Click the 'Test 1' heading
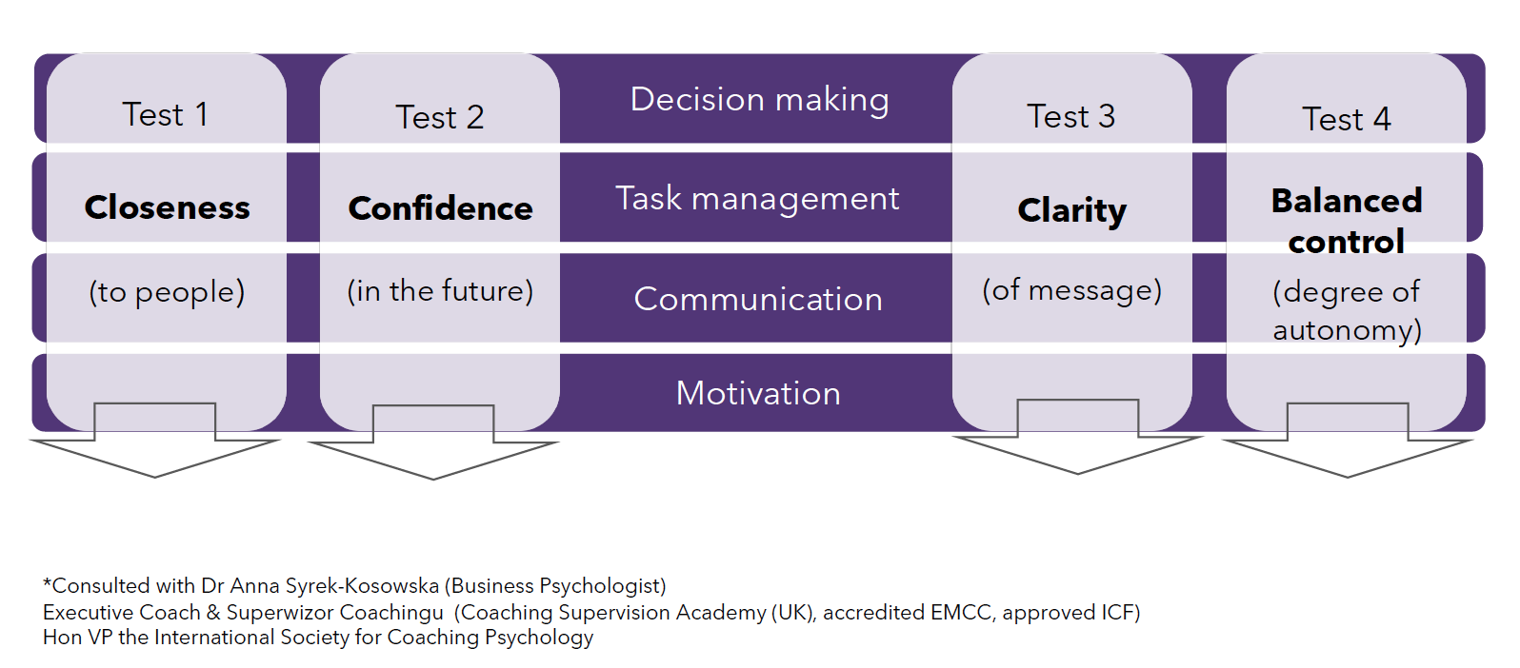click(x=166, y=114)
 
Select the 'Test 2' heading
click(x=440, y=117)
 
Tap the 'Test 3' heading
click(x=1071, y=116)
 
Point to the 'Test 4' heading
click(x=1347, y=119)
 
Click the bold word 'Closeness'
click(x=167, y=206)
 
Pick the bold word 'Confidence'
click(x=440, y=208)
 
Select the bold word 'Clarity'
click(x=1072, y=211)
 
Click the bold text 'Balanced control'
click(x=1347, y=221)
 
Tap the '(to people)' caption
click(x=167, y=292)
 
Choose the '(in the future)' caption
click(x=440, y=291)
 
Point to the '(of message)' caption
click(x=1072, y=290)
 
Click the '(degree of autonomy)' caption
click(x=1347, y=311)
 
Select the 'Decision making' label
click(x=759, y=100)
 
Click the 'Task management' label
click(x=757, y=200)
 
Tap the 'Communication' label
click(x=758, y=299)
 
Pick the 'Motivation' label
click(x=758, y=393)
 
